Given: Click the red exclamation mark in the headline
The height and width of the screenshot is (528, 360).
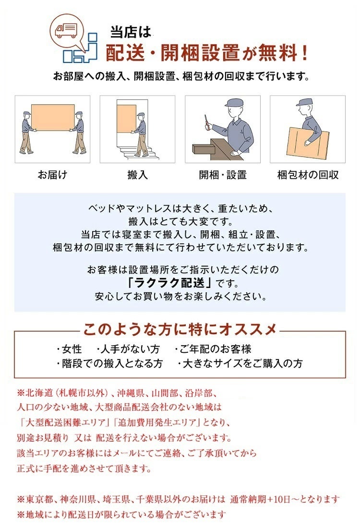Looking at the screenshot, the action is pos(304,53).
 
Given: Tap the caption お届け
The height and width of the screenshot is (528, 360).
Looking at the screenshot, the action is pos(52,175).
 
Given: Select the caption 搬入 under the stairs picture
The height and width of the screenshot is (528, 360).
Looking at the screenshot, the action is pos(137,175).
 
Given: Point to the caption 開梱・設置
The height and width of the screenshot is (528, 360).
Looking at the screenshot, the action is pos(223,175).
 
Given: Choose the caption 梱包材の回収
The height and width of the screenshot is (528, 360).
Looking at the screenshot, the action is pos(308,175).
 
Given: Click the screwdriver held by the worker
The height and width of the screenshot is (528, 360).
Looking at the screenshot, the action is pos(206,121).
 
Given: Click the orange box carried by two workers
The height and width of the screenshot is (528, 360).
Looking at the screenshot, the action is pos(53,117).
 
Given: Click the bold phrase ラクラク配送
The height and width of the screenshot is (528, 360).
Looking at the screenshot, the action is pos(171,282).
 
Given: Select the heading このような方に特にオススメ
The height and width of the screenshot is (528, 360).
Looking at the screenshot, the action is pos(180,330).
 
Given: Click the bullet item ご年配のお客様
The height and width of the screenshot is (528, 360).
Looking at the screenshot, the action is pos(213,349).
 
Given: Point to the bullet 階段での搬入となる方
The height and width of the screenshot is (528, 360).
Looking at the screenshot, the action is pos(109,363).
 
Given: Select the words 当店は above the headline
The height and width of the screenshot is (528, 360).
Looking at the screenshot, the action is pos(131,32).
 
